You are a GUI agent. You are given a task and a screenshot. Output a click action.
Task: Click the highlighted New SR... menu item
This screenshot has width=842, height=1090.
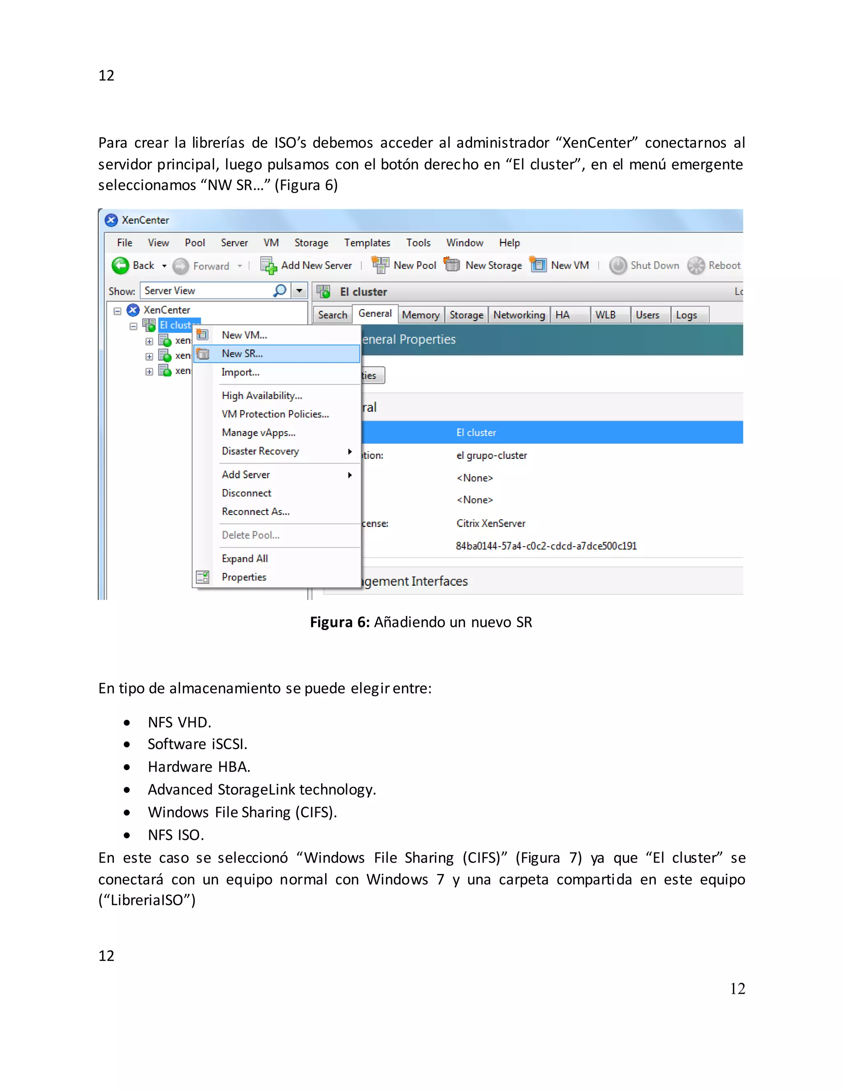pyautogui.click(x=243, y=353)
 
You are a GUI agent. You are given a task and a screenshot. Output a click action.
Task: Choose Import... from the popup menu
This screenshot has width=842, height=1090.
pyautogui.click(x=240, y=372)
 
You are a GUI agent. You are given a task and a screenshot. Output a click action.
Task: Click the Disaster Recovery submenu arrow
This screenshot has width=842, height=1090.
pyautogui.click(x=350, y=451)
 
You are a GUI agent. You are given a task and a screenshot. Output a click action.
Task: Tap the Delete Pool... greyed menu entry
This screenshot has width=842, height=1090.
pyautogui.click(x=250, y=535)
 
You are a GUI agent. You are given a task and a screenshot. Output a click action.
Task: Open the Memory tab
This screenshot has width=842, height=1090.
pyautogui.click(x=421, y=315)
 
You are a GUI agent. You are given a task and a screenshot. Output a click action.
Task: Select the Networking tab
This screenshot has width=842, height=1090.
pyautogui.click(x=519, y=315)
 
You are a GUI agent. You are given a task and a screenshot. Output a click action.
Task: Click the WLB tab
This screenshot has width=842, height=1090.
pyautogui.click(x=605, y=315)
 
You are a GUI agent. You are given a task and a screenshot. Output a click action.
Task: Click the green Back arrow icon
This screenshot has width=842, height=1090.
pyautogui.click(x=120, y=266)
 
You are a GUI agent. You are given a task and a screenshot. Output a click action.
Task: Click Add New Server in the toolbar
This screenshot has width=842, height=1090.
pyautogui.click(x=316, y=266)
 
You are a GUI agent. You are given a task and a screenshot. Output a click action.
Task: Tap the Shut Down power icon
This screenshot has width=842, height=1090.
pyautogui.click(x=618, y=266)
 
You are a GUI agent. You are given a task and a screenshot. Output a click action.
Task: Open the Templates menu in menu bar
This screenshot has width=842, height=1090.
pyautogui.click(x=367, y=243)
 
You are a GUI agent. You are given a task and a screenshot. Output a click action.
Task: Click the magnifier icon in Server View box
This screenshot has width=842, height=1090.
pyautogui.click(x=280, y=290)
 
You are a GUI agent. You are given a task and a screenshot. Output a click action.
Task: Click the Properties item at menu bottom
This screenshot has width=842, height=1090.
pyautogui.click(x=244, y=577)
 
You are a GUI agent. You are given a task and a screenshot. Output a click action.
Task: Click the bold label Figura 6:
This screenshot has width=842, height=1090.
pyautogui.click(x=339, y=622)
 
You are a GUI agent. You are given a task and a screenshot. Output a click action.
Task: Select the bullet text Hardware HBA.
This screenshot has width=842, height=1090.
pyautogui.click(x=199, y=767)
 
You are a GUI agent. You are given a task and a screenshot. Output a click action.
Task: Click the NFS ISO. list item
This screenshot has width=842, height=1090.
pyautogui.click(x=176, y=835)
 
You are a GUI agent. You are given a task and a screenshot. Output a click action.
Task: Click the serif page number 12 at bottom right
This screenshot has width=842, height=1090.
pyautogui.click(x=737, y=989)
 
